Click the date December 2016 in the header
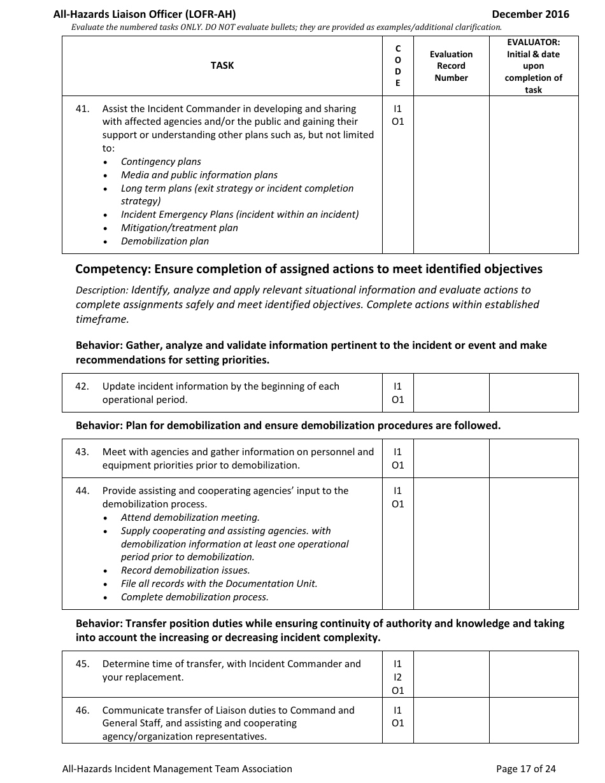tap(530, 14)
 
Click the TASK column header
tap(222, 66)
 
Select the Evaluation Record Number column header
tap(451, 66)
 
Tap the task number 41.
tap(82, 109)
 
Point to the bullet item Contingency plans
tap(160, 162)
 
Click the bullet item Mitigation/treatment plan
tap(179, 228)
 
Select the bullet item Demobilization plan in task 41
tap(164, 241)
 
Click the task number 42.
tap(82, 386)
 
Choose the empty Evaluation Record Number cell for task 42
tap(451, 393)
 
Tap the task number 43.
tap(82, 452)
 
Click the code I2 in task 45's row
tap(398, 677)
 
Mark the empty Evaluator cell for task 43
tap(533, 458)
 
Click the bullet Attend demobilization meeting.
tap(190, 518)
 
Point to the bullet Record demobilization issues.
tap(185, 570)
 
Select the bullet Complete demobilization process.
tap(194, 597)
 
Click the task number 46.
tap(82, 710)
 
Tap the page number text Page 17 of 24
tap(525, 769)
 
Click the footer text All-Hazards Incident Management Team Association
tap(177, 769)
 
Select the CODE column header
tap(398, 66)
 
